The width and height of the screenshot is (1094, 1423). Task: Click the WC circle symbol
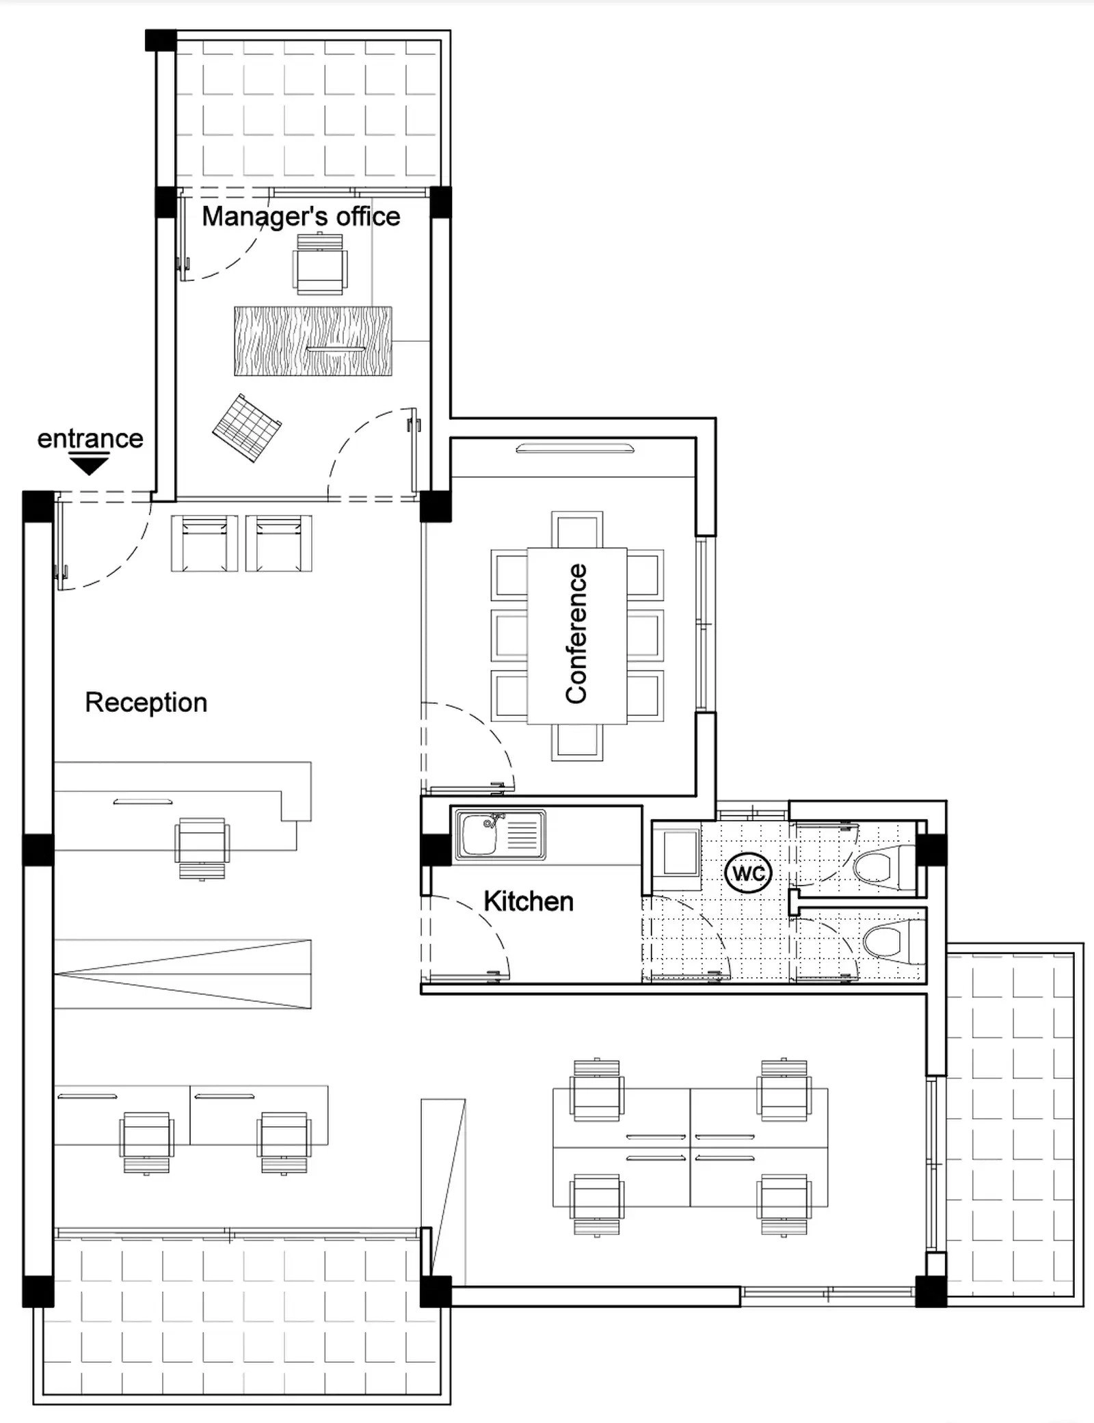pyautogui.click(x=749, y=873)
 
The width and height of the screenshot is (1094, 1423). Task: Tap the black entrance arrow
pyautogui.click(x=90, y=465)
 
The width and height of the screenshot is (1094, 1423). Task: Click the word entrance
pyautogui.click(x=90, y=438)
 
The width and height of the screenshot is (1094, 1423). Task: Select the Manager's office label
pyautogui.click(x=301, y=217)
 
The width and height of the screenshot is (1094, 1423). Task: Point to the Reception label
pyautogui.click(x=146, y=702)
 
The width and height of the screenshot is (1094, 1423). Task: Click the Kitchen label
pyautogui.click(x=529, y=901)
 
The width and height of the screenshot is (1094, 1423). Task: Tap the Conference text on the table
pyautogui.click(x=576, y=633)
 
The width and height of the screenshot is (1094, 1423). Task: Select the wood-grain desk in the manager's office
pyautogui.click(x=313, y=341)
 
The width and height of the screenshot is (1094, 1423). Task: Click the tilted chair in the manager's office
pyautogui.click(x=247, y=427)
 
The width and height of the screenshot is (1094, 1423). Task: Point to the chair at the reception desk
pyautogui.click(x=202, y=848)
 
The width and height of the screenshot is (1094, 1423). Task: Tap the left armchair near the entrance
pyautogui.click(x=204, y=544)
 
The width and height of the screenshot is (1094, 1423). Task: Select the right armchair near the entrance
pyautogui.click(x=278, y=544)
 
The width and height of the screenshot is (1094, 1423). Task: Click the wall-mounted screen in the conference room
pyautogui.click(x=575, y=449)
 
